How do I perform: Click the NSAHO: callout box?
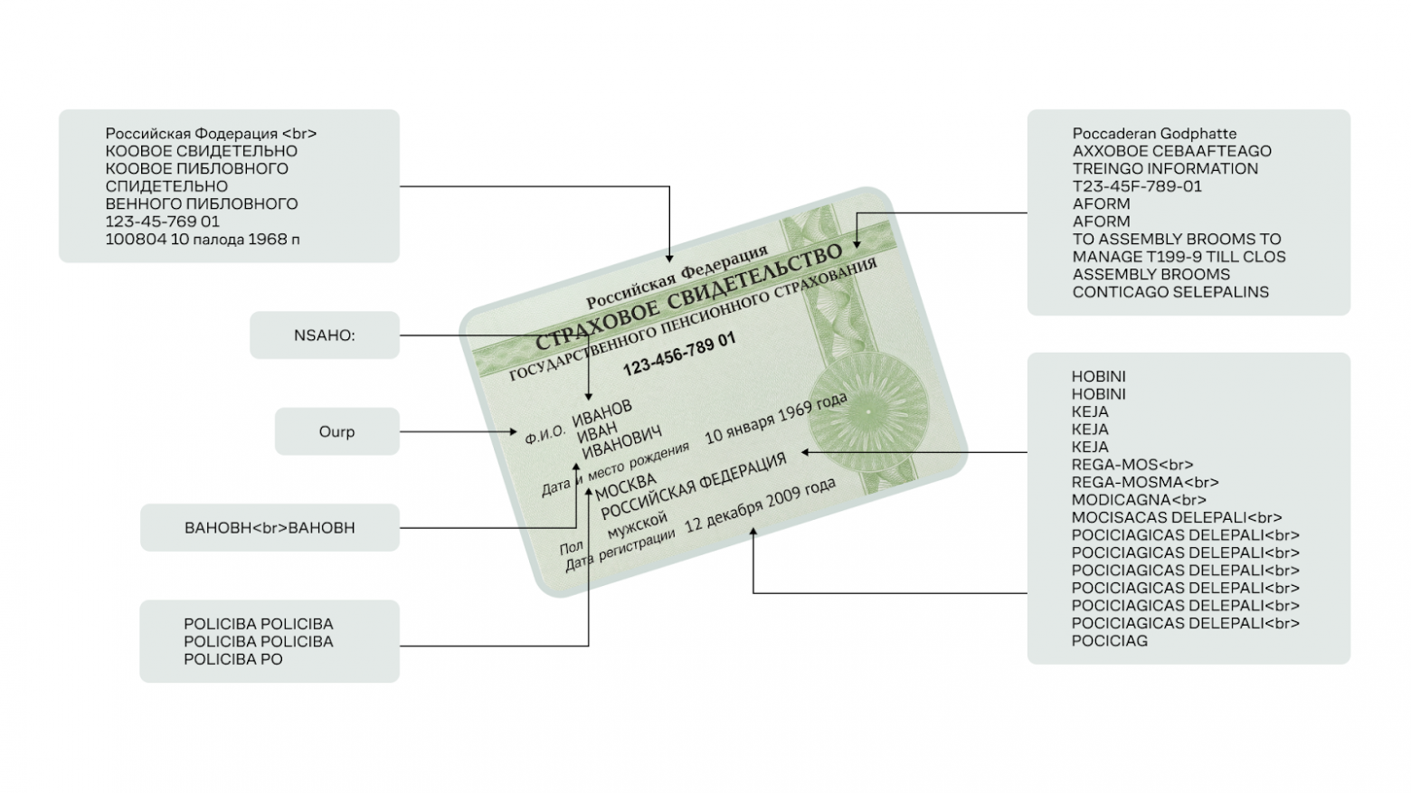pyautogui.click(x=324, y=335)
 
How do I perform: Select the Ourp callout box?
pyautogui.click(x=336, y=431)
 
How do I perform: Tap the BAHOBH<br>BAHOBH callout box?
pyautogui.click(x=270, y=527)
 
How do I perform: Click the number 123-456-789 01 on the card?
pyautogui.click(x=679, y=353)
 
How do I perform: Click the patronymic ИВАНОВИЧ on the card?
pyautogui.click(x=622, y=443)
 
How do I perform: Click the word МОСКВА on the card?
pyautogui.click(x=626, y=486)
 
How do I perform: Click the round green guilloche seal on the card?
pyautogui.click(x=866, y=411)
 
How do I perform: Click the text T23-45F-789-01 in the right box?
pyautogui.click(x=1137, y=186)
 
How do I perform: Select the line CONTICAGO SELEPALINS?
pyautogui.click(x=1170, y=292)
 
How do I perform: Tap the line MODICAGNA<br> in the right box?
pyautogui.click(x=1139, y=500)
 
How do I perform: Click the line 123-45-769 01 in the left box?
pyautogui.click(x=163, y=222)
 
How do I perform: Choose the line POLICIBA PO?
pyautogui.click(x=233, y=659)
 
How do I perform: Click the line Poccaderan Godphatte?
pyautogui.click(x=1154, y=134)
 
